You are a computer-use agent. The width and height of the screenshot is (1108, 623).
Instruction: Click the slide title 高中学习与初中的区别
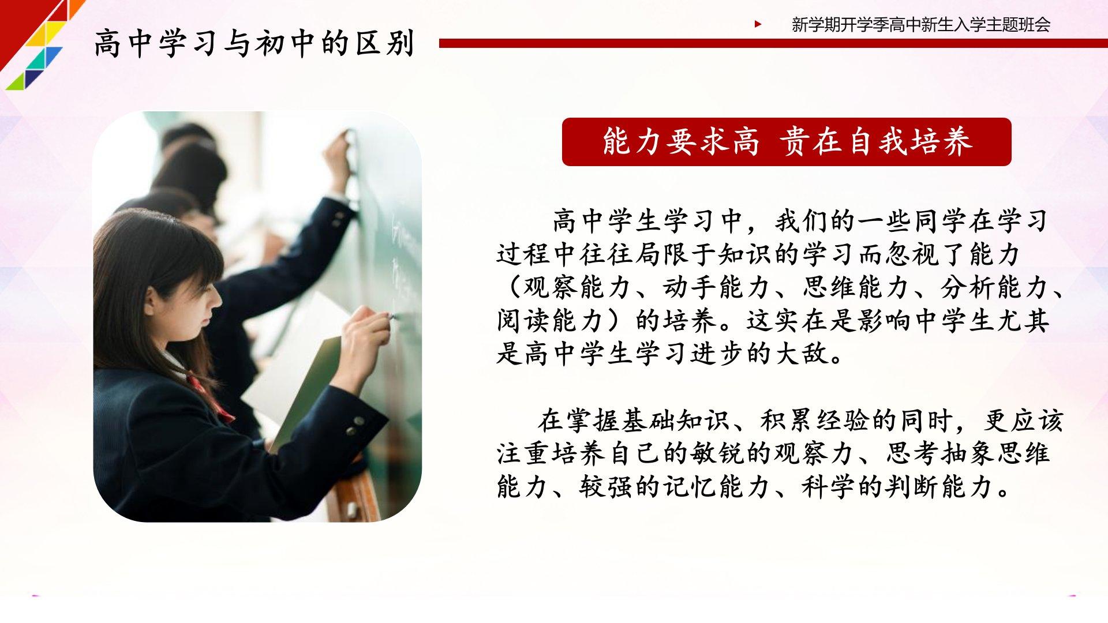click(254, 43)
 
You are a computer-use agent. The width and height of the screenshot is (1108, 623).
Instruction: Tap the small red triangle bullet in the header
click(758, 24)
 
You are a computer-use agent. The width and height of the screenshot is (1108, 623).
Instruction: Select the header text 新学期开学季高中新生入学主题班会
click(921, 25)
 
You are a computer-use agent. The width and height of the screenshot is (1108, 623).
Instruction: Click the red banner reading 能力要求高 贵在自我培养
click(787, 142)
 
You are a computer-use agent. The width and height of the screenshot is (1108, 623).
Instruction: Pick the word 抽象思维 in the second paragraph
click(995, 453)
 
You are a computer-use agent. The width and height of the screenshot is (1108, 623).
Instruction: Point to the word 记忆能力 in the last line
click(716, 487)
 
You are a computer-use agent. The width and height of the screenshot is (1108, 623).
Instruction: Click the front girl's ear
click(151, 299)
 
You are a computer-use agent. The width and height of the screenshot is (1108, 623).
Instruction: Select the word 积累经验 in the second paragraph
click(814, 421)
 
